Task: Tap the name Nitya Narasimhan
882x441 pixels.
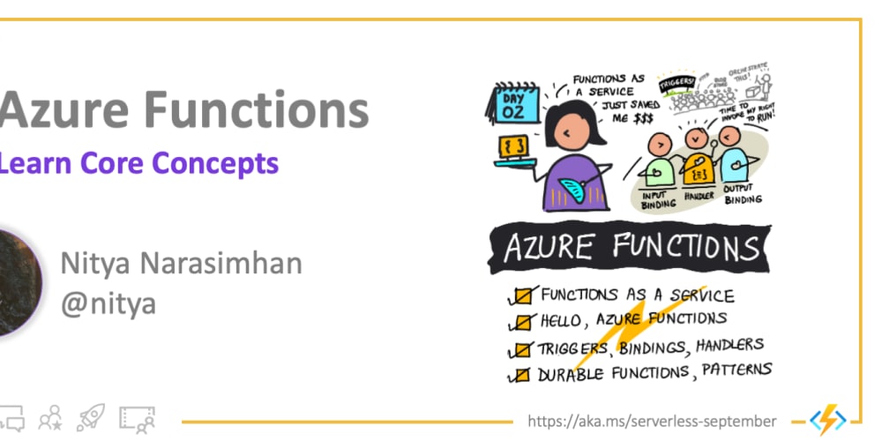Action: point(181,263)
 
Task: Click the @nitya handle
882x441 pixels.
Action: point(108,303)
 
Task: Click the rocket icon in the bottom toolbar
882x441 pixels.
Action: point(90,417)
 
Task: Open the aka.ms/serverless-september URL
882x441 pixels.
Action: point(652,421)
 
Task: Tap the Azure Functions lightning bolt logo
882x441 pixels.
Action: point(826,420)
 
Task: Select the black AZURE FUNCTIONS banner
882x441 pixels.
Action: point(631,248)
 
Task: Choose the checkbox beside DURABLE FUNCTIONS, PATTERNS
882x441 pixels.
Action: point(523,376)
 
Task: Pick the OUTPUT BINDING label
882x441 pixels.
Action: point(743,194)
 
